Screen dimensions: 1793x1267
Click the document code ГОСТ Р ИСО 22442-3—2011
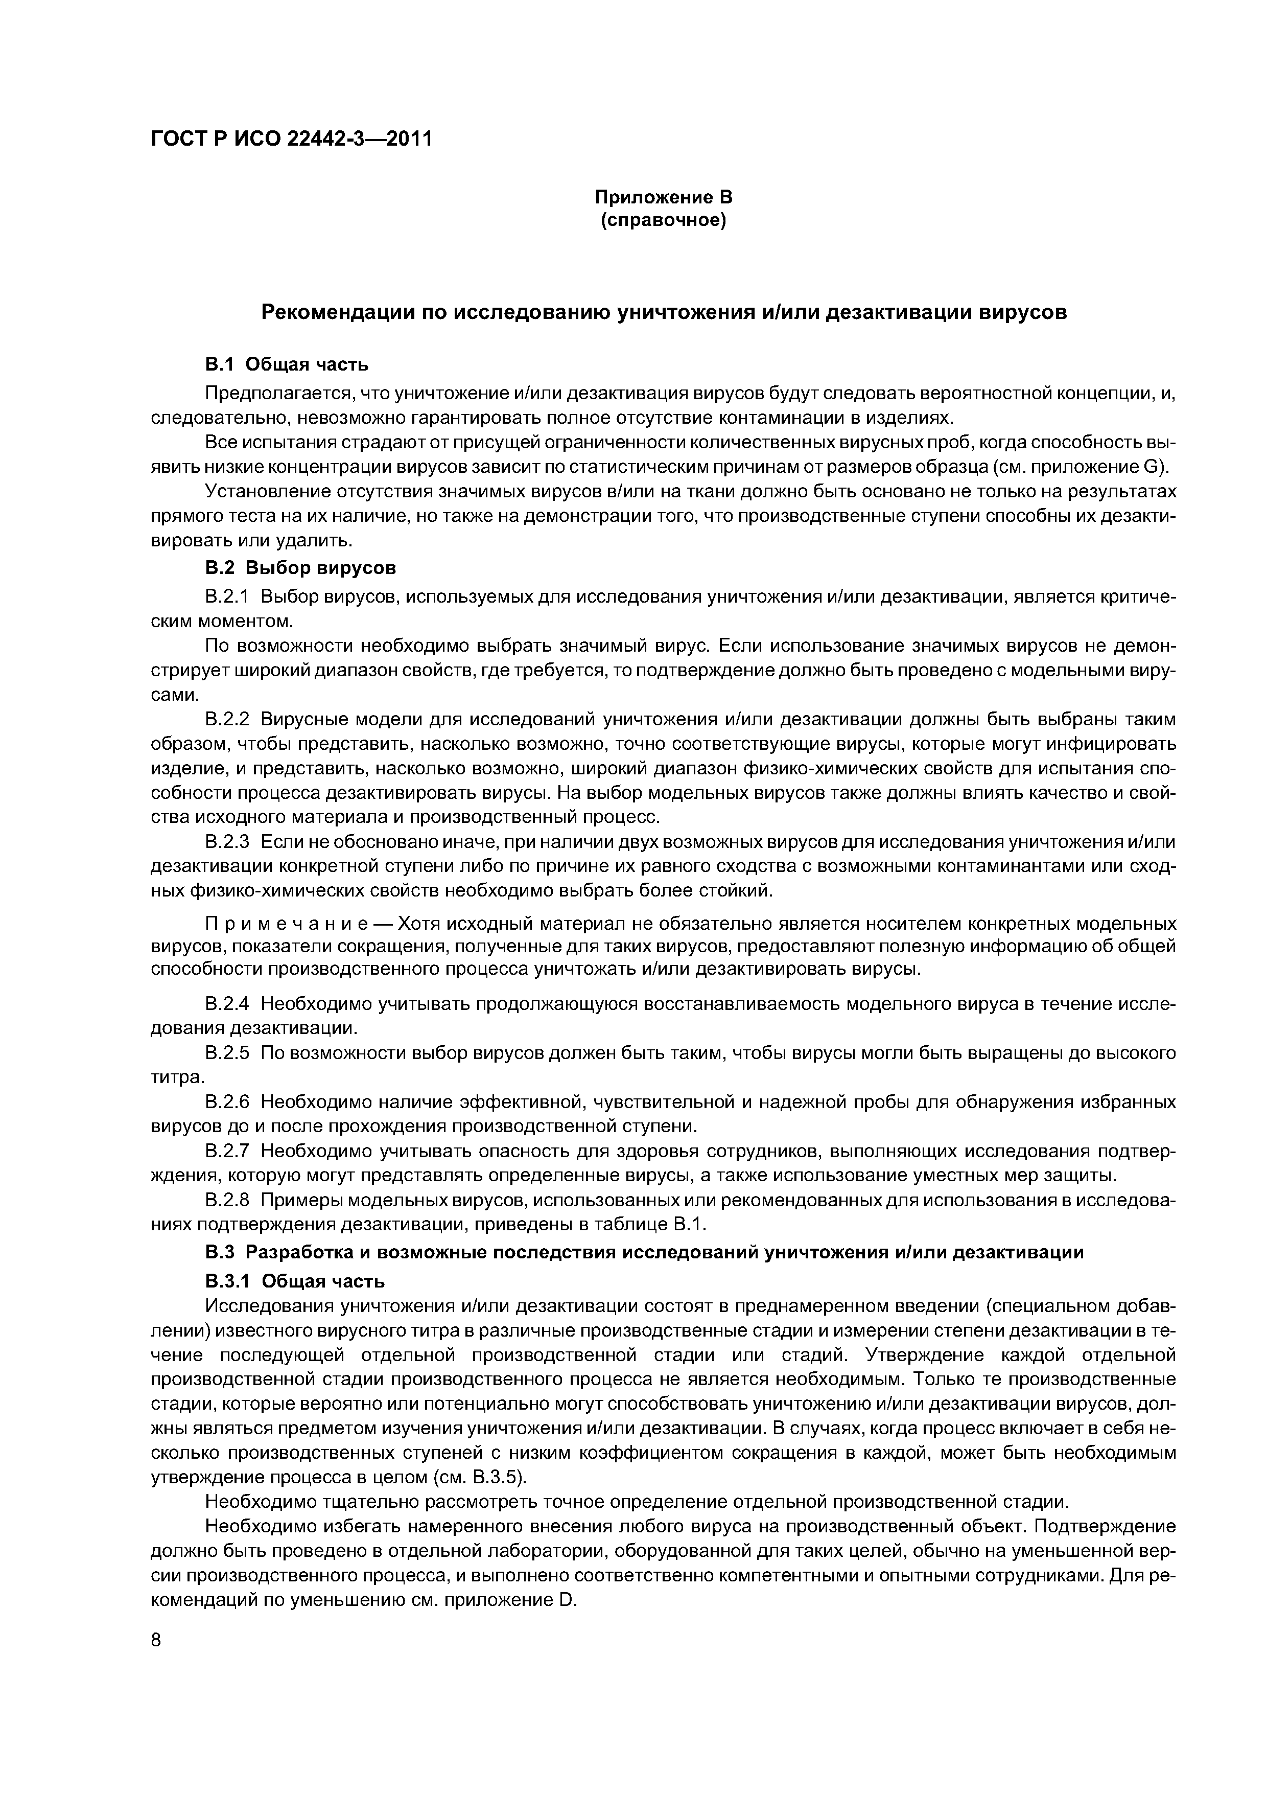point(290,140)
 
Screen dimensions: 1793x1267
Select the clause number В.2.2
point(226,719)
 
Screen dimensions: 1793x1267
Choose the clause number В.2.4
point(226,1003)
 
